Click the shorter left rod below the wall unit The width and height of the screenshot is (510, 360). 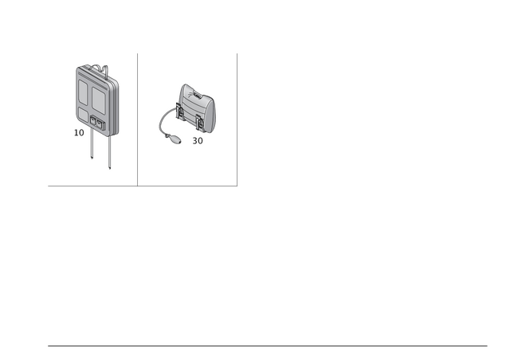click(x=92, y=147)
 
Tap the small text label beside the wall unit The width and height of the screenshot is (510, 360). click(x=78, y=132)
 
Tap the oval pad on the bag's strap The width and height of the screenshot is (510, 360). click(x=170, y=142)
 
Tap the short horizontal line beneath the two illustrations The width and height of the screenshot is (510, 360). click(x=143, y=186)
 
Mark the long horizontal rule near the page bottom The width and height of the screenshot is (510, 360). click(x=268, y=346)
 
